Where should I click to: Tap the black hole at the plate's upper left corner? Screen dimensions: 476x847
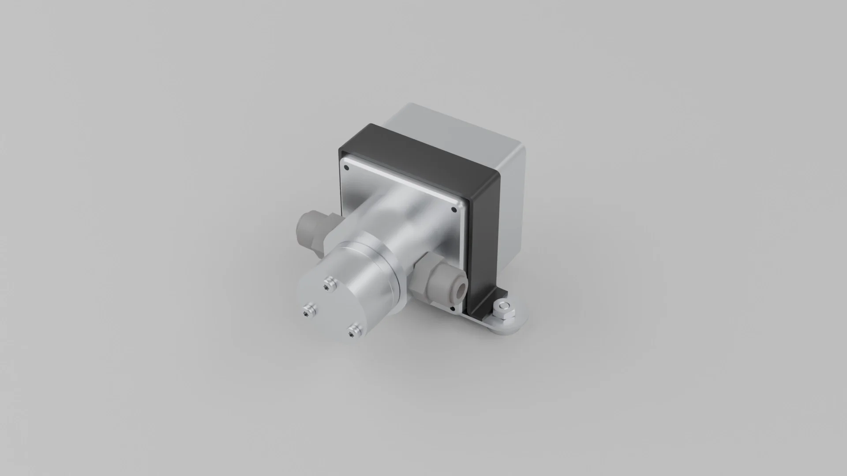click(x=346, y=168)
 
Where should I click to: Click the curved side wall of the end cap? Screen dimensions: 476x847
click(x=375, y=291)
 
